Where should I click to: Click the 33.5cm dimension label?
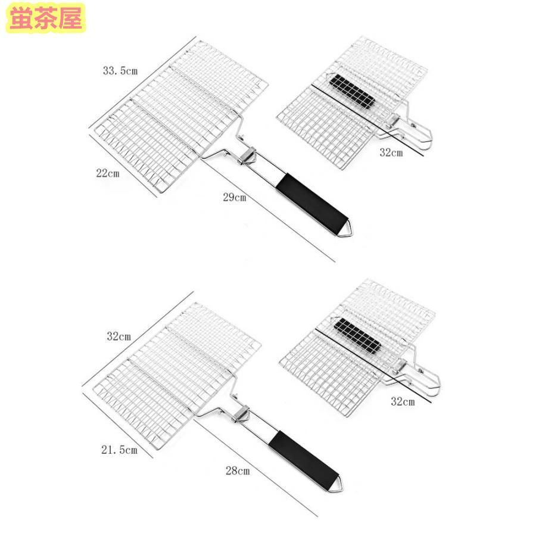[120, 71]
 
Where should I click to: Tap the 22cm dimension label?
[108, 173]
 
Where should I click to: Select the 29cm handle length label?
[235, 197]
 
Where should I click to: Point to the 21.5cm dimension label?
[119, 450]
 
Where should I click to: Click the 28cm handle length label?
[238, 470]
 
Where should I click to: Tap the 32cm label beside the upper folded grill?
[391, 152]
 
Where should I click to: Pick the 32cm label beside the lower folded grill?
[403, 401]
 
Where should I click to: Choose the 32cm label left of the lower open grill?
[119, 336]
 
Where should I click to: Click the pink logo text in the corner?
[46, 18]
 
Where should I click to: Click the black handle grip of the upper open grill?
[312, 202]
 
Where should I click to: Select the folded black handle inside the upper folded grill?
[352, 91]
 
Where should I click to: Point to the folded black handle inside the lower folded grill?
[357, 335]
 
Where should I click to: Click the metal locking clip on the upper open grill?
[247, 155]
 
